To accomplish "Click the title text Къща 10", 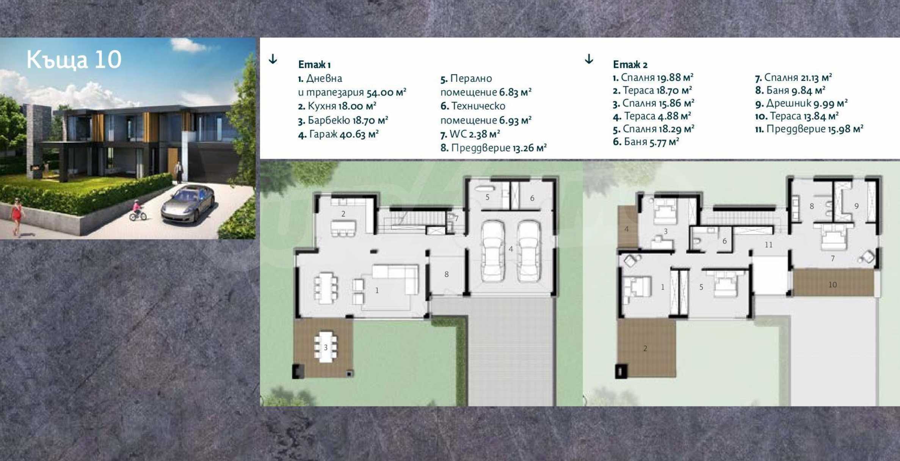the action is [74, 60].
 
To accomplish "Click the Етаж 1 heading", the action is [314, 65].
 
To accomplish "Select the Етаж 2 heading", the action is [630, 64].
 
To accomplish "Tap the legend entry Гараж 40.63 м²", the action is [338, 134].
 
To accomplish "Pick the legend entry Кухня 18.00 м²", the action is [337, 106].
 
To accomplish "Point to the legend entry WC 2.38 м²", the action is [470, 134].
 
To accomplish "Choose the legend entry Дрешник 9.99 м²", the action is [801, 103].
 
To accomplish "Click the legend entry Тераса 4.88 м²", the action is [652, 116].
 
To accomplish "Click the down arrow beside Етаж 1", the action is [273, 59].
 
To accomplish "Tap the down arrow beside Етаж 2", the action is [589, 59].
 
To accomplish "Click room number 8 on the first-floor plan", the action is [447, 274].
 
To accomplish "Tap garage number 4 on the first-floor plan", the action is [511, 249].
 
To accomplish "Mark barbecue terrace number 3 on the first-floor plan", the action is [325, 347].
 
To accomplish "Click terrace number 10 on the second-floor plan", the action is [833, 284].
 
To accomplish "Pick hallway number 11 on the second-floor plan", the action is [768, 245].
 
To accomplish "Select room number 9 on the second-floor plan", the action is [856, 206].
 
